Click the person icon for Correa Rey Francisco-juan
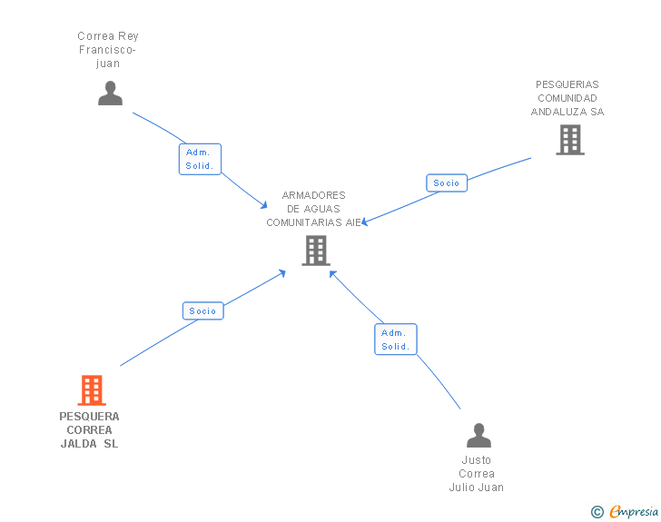click(x=110, y=94)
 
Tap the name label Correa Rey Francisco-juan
click(x=108, y=50)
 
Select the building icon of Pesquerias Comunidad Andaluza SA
click(x=569, y=140)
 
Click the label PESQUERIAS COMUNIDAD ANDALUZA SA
click(x=567, y=98)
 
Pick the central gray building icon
click(x=315, y=251)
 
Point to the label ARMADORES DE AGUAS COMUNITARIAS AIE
click(x=313, y=209)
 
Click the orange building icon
click(x=92, y=390)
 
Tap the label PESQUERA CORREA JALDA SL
click(x=90, y=430)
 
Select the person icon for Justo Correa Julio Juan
click(x=478, y=436)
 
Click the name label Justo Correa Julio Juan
click(x=477, y=474)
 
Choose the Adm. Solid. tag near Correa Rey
click(x=200, y=159)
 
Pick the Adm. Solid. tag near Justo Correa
click(x=395, y=340)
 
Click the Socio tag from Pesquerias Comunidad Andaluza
click(x=447, y=182)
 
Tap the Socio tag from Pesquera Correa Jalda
click(x=202, y=310)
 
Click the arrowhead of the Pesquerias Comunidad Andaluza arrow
click(x=365, y=222)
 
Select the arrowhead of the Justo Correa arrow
click(x=332, y=273)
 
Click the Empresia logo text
click(x=634, y=512)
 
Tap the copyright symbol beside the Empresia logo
click(x=597, y=512)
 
